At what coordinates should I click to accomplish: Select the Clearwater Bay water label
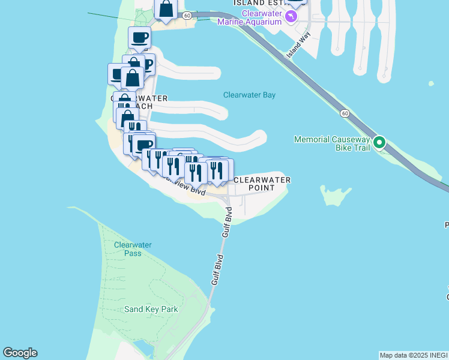(x=249, y=95)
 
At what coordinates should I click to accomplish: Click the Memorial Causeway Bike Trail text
(x=331, y=143)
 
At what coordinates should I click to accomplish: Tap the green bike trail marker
(x=379, y=143)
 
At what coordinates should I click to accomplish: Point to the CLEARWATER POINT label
(x=262, y=184)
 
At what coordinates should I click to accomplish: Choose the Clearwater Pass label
(x=133, y=249)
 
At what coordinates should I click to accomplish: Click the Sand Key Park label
(x=151, y=309)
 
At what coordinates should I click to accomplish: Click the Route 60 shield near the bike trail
(x=344, y=113)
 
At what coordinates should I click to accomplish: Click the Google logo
(x=20, y=353)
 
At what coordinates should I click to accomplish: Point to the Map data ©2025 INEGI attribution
(x=414, y=355)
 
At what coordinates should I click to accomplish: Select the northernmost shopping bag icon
(x=166, y=9)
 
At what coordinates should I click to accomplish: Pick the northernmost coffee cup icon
(x=139, y=37)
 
